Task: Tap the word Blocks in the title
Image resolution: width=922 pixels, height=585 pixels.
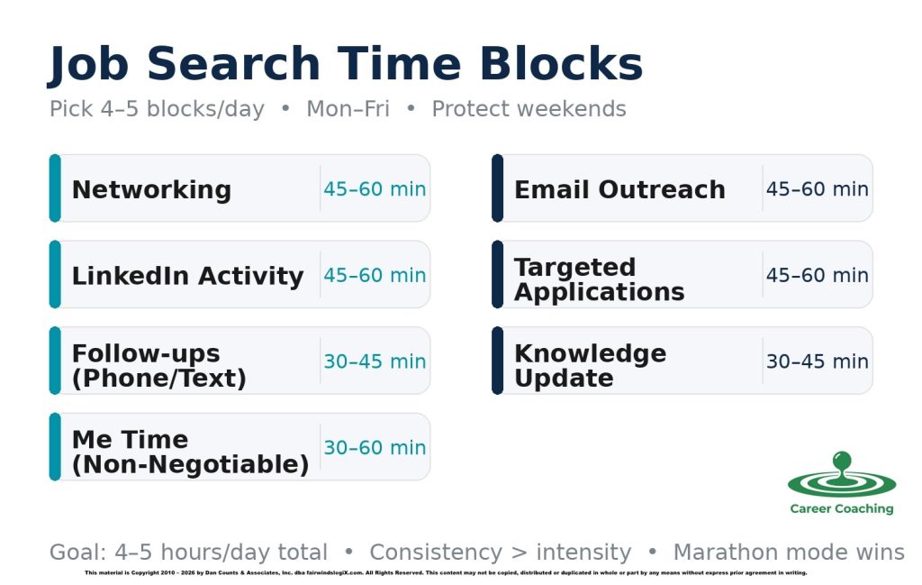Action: [x=560, y=65]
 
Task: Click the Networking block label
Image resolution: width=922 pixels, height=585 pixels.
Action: [x=151, y=190]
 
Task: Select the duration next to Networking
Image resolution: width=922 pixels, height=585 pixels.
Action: [x=375, y=189]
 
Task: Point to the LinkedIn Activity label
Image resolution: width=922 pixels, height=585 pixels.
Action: [x=187, y=276]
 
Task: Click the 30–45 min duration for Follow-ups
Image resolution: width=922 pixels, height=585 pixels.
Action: [x=375, y=361]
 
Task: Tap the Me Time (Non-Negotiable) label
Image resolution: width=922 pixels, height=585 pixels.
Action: [x=190, y=452]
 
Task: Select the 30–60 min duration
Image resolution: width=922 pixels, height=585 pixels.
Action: [x=375, y=448]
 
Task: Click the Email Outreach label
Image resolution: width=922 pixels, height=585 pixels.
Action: [x=619, y=190]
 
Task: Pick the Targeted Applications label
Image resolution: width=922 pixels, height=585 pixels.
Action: [x=599, y=279]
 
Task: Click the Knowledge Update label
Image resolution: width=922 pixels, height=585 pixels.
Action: [x=590, y=366]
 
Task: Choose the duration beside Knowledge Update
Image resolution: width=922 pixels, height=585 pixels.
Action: [x=817, y=361]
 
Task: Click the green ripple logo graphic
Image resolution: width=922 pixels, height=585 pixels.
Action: [x=842, y=476]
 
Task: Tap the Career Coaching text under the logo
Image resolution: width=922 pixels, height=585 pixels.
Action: [x=842, y=509]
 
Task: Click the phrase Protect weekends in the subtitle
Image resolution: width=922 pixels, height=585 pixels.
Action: [x=529, y=110]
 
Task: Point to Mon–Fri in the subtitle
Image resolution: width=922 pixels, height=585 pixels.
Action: [x=348, y=110]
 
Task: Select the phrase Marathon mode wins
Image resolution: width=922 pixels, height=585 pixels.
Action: [x=789, y=553]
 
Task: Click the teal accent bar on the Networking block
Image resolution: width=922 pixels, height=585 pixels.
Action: [x=55, y=188]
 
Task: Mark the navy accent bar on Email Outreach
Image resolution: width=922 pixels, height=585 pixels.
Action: [x=497, y=188]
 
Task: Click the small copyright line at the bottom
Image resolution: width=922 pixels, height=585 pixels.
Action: [x=446, y=573]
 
